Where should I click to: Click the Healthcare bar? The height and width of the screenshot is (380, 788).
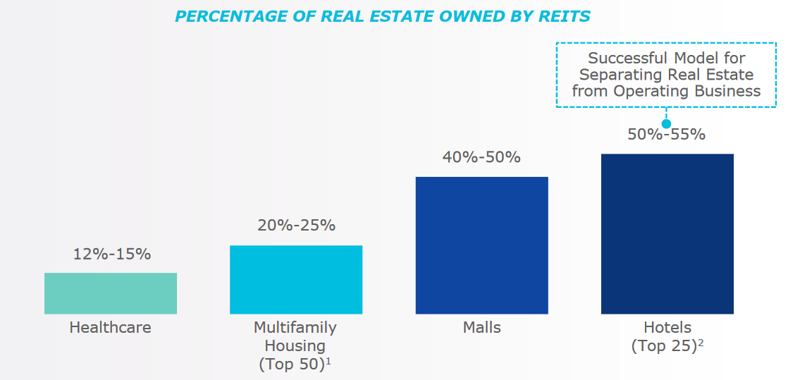pos(111,293)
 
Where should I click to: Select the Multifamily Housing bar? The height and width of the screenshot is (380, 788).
pos(296,279)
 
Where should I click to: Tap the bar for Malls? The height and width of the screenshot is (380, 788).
pos(481,245)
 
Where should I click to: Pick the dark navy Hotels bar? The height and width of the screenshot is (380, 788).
pos(667,233)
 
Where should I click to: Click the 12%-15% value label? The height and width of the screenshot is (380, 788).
pos(111,255)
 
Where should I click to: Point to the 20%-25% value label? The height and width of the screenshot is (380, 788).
pos(296,226)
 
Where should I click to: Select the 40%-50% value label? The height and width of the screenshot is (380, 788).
pos(481,157)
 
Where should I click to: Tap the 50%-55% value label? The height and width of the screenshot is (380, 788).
pos(667,134)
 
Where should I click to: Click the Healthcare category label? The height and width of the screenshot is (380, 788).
pos(111,328)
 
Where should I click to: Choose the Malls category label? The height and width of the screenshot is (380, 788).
pos(481,328)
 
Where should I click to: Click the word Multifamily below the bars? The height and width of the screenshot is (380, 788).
pos(295,328)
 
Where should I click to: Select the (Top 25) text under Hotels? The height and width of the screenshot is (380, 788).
pos(663,346)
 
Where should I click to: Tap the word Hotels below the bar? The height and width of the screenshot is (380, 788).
pos(667,328)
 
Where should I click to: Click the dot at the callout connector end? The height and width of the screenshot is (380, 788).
pos(666,123)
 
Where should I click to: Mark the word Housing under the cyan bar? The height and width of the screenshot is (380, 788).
pos(295,346)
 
